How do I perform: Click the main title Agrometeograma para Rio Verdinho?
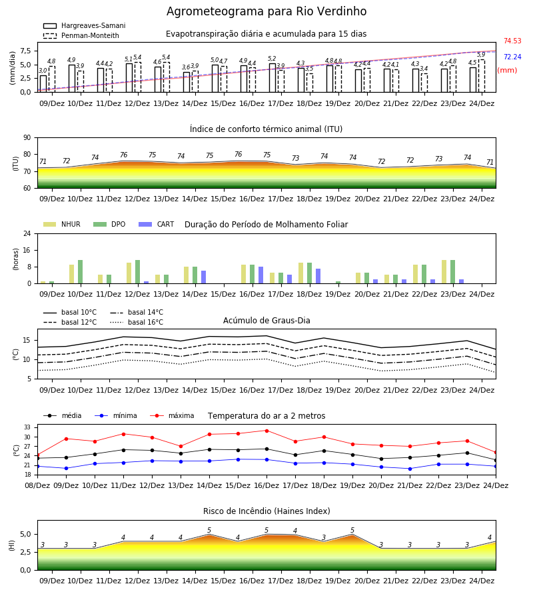(x=266, y=11)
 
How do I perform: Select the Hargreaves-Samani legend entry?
(x=85, y=25)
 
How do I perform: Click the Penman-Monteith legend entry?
(x=81, y=35)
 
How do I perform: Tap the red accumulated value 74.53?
(x=512, y=41)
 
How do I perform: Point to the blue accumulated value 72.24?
(x=512, y=57)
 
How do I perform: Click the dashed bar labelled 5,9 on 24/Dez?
(x=482, y=76)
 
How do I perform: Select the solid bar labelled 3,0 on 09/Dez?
(x=43, y=84)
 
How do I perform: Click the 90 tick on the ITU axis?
(x=27, y=138)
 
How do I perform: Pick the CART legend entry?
(x=157, y=224)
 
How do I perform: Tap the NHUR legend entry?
(x=62, y=224)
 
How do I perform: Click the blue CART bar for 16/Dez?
(x=261, y=275)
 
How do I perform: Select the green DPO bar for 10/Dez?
(x=81, y=272)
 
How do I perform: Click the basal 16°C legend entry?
(x=137, y=322)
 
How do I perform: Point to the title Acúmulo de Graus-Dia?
(x=266, y=320)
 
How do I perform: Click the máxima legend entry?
(x=172, y=415)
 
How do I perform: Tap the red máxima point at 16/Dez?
(x=267, y=431)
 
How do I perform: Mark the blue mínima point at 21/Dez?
(x=410, y=469)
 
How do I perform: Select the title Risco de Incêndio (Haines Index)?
(x=266, y=511)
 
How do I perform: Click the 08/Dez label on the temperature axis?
(x=37, y=485)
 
